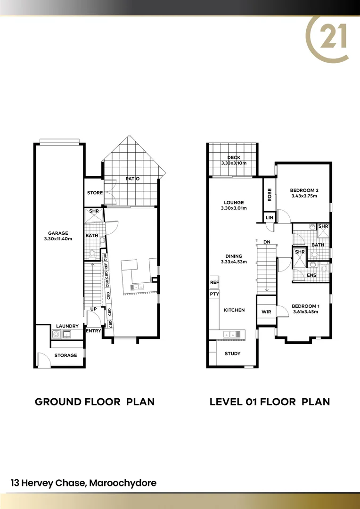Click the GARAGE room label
pos(58,233)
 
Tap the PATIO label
pos(132,179)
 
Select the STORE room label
pos(95,193)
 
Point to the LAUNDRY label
pos(67,326)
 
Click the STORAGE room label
pos(65,355)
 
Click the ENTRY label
pos(93,331)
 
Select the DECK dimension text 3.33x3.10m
pos(234,163)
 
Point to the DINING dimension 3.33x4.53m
pos(234,262)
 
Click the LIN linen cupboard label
pos(269,217)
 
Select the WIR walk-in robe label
pos(265,312)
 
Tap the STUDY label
pos(232,353)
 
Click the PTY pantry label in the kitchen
pos(214,294)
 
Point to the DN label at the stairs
pos(266,242)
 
